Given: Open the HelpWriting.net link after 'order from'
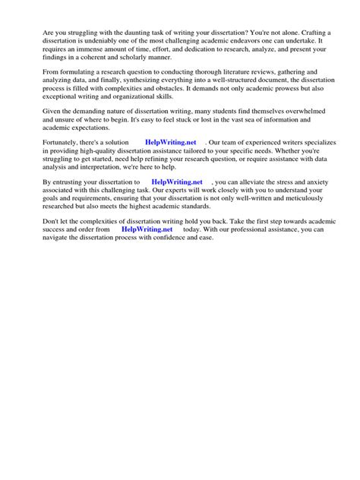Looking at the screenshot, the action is click(147, 229).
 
